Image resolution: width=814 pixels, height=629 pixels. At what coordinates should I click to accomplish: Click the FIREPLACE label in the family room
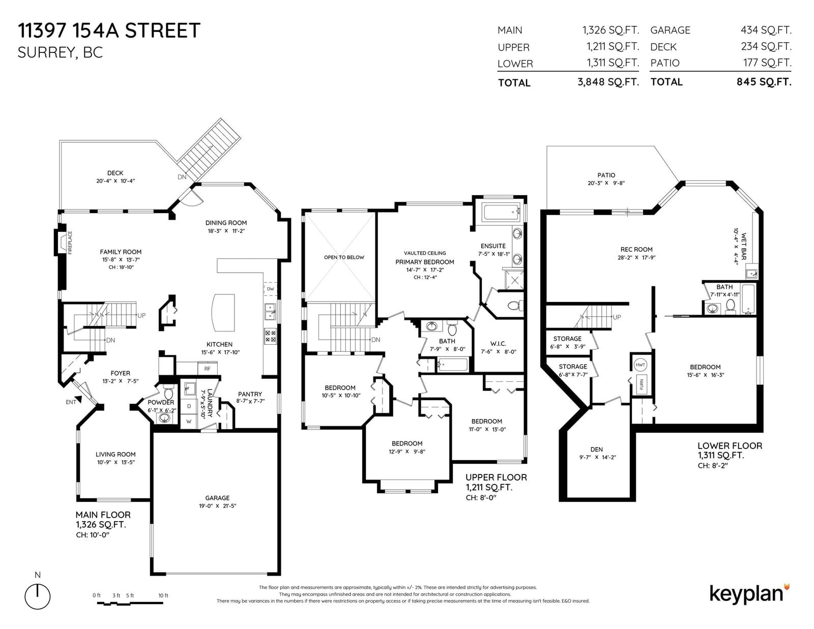click(70, 243)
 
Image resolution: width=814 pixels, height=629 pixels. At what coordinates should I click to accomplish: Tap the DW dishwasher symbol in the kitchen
click(270, 289)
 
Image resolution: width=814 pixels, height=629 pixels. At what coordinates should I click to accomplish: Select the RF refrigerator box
click(207, 369)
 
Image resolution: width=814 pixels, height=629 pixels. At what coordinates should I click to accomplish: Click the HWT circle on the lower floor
click(640, 365)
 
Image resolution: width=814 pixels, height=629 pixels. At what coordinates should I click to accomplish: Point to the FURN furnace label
click(642, 384)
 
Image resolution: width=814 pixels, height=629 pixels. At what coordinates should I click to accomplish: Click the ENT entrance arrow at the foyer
click(79, 399)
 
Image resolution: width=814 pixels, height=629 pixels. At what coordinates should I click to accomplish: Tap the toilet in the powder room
click(168, 392)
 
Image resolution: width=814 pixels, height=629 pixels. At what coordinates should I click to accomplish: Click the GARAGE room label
click(217, 498)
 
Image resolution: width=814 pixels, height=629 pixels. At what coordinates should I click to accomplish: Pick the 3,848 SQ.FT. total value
click(608, 82)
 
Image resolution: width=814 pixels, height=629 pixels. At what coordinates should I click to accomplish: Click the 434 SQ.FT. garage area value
click(766, 30)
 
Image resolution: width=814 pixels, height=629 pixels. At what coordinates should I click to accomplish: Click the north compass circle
click(38, 596)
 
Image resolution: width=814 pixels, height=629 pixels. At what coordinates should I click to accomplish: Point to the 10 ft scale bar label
click(163, 595)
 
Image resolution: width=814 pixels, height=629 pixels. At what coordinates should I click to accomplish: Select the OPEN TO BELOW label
click(344, 257)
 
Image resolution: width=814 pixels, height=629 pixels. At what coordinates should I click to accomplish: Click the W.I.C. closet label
click(498, 344)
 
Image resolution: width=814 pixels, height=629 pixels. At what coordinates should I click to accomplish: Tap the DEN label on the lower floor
click(597, 450)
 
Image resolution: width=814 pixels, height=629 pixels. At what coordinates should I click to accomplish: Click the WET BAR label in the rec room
click(744, 246)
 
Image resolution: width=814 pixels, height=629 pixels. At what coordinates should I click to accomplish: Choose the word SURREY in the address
click(46, 53)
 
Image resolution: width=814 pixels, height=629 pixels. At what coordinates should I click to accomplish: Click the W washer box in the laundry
click(189, 421)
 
